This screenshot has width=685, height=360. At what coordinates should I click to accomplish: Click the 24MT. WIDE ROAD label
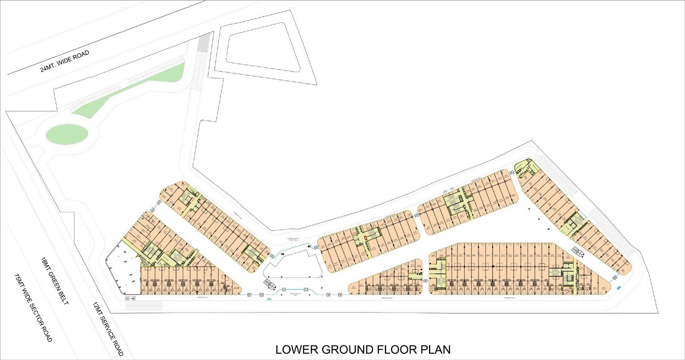point(65,62)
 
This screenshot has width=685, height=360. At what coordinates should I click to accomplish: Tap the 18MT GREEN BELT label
point(54,281)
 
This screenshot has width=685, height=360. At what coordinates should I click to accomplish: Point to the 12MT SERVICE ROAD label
point(108,329)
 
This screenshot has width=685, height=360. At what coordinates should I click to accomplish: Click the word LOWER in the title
point(297,349)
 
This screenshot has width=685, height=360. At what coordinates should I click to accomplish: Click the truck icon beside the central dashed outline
point(268,285)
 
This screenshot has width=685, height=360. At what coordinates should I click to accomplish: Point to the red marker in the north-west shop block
point(192,198)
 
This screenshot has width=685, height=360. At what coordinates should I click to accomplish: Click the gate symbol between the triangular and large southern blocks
point(426,280)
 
